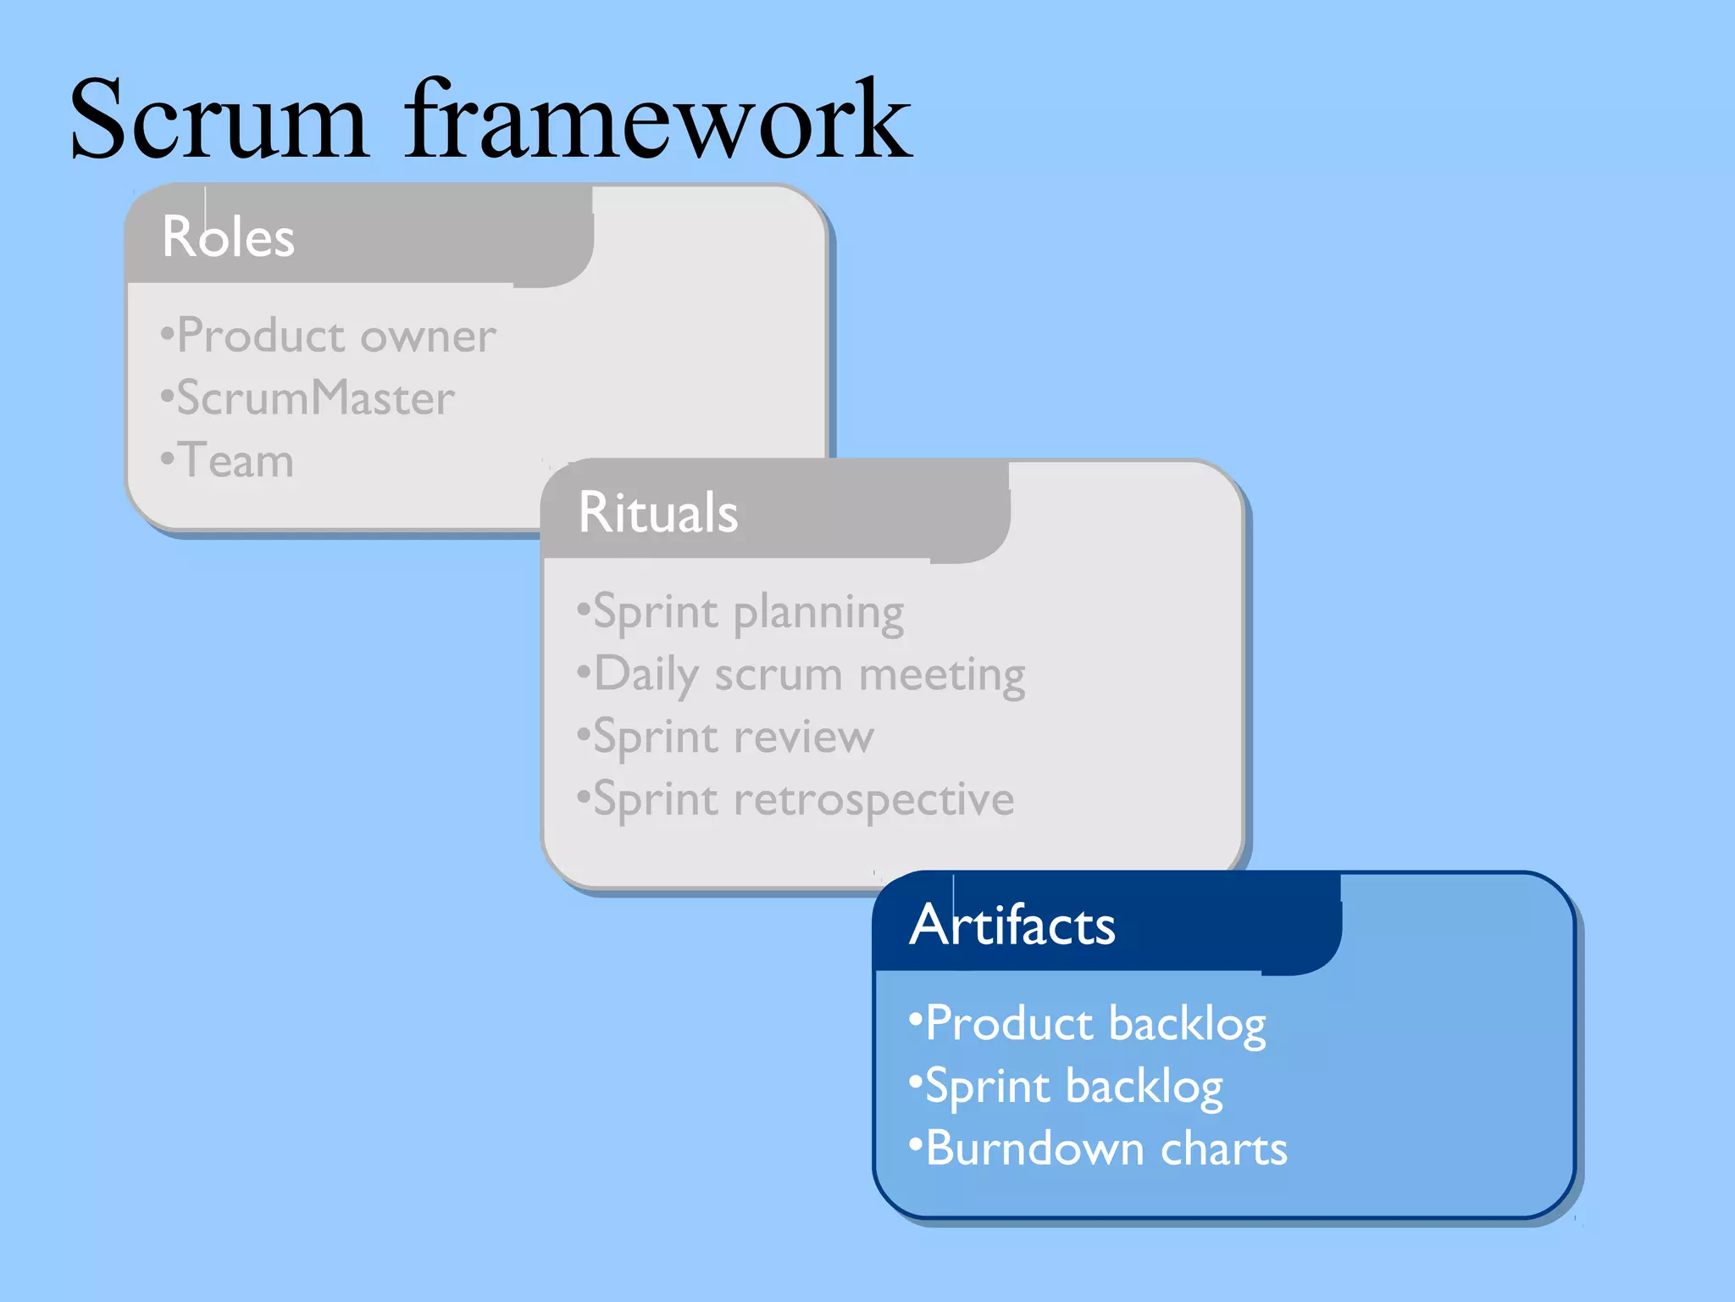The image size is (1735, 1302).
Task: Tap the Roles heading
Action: [228, 236]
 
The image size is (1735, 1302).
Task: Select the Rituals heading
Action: [657, 513]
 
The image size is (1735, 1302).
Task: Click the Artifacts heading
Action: [1012, 925]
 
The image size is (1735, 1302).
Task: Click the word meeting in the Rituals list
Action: [941, 676]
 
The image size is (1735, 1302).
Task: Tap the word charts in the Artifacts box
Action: [1223, 1149]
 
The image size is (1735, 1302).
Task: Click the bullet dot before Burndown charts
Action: [915, 1145]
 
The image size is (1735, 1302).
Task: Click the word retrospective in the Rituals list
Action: [873, 799]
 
